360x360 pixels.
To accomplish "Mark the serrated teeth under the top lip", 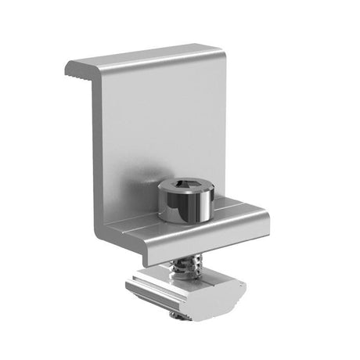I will click(x=77, y=77).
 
